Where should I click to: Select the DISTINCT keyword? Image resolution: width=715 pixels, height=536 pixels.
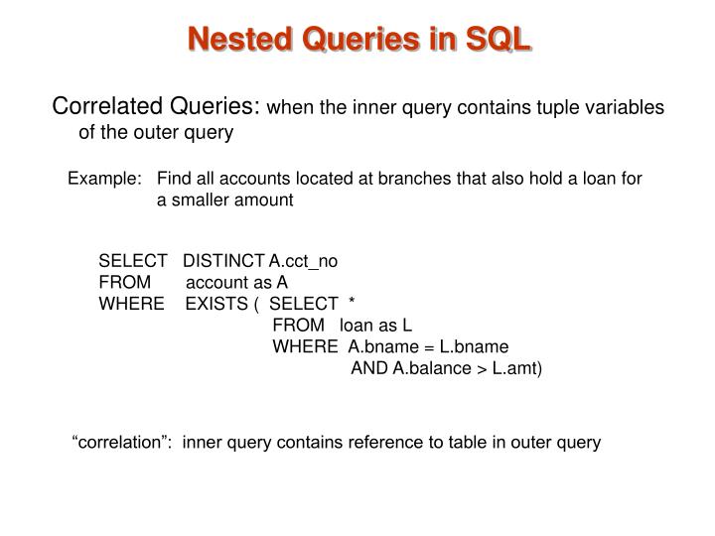pyautogui.click(x=224, y=261)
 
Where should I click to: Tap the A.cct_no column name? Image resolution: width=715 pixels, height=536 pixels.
pyautogui.click(x=304, y=261)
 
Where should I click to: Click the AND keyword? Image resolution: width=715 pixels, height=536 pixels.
pyautogui.click(x=369, y=369)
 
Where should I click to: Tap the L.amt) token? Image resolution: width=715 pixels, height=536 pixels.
pyautogui.click(x=517, y=369)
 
